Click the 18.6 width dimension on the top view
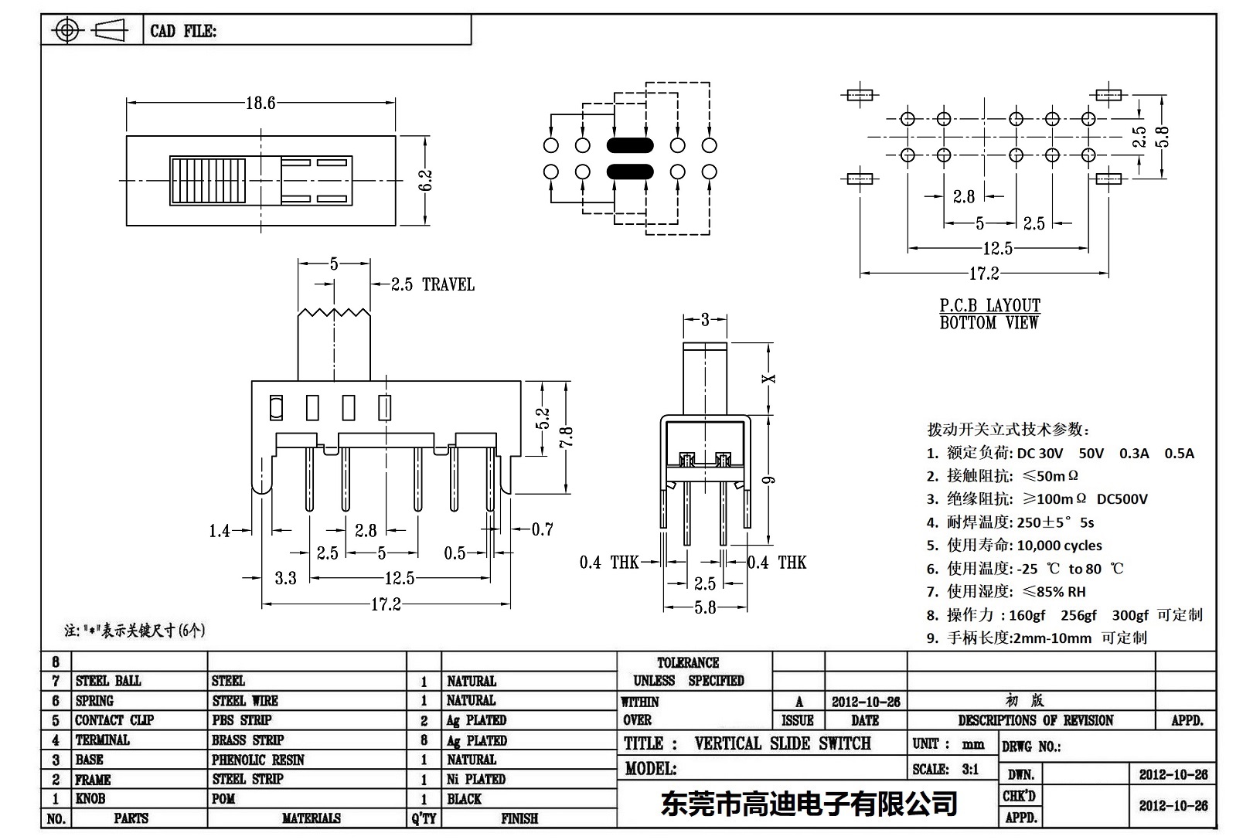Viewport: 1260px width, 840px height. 261,103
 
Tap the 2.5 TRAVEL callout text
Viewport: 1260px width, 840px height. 432,284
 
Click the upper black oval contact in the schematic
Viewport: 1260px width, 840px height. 630,145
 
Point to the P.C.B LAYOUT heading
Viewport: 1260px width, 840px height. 989,305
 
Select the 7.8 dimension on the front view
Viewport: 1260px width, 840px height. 567,437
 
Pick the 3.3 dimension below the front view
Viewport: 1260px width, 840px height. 285,578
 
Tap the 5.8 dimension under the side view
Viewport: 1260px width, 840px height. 704,607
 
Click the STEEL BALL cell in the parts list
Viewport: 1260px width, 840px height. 108,681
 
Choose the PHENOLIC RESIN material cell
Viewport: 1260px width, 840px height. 258,760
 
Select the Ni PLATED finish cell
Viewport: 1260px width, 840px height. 476,779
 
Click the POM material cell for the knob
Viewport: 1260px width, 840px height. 223,798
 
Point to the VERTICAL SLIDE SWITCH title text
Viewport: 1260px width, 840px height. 782,743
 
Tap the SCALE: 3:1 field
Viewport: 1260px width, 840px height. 945,769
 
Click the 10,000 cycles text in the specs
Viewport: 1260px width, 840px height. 1059,546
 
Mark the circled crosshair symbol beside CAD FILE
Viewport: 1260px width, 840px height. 67,31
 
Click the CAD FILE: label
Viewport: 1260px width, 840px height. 183,31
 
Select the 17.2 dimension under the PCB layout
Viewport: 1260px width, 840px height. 983,273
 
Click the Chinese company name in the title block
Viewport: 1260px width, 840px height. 809,804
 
